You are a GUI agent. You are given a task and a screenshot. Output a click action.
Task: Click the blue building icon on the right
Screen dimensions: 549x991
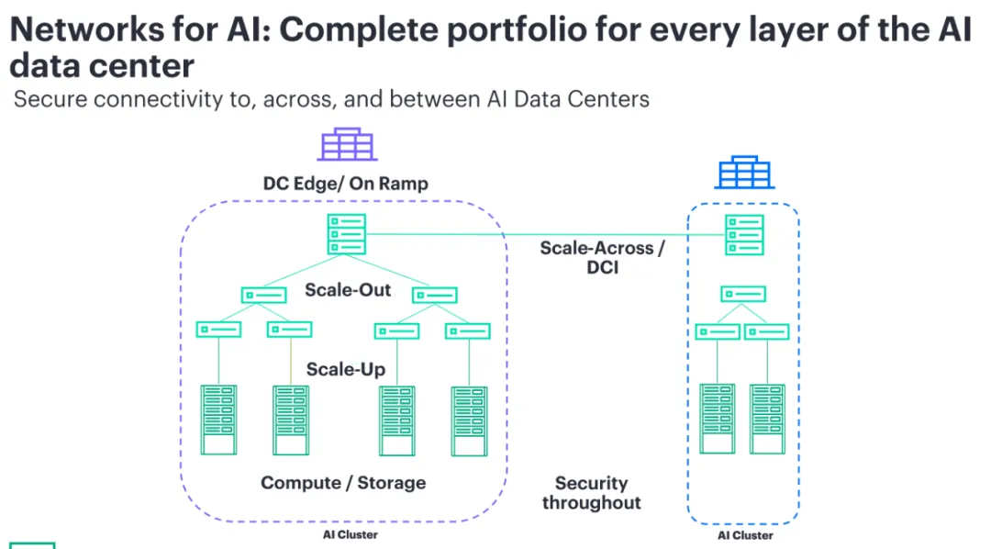[743, 172]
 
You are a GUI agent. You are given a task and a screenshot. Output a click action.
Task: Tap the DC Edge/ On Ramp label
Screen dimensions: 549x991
[345, 184]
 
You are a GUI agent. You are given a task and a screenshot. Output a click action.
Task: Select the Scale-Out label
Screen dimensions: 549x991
[348, 290]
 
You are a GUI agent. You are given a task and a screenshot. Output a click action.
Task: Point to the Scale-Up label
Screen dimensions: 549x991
[345, 369]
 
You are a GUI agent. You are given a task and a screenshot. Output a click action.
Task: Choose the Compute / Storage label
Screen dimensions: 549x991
[343, 482]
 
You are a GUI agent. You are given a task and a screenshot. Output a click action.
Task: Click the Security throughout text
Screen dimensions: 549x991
[592, 493]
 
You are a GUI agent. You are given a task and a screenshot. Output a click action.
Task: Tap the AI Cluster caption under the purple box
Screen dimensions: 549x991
[350, 534]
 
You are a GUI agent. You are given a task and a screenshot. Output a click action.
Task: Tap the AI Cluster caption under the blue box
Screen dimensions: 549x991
[744, 535]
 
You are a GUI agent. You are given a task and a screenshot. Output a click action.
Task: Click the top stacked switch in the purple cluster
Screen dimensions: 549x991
[346, 234]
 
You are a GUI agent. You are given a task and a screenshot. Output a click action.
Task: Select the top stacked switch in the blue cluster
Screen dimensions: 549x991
[743, 235]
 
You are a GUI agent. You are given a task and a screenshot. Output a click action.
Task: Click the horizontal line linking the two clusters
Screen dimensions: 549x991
[541, 235]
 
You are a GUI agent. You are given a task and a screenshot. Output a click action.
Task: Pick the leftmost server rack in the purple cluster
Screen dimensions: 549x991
[218, 421]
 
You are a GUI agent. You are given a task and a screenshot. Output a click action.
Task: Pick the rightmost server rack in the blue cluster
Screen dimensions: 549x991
[767, 419]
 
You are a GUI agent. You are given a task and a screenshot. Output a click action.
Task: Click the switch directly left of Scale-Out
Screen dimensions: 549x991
[263, 295]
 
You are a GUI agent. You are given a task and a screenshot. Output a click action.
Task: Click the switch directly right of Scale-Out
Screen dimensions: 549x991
[435, 295]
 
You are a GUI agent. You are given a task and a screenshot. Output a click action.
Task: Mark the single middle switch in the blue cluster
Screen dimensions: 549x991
[743, 294]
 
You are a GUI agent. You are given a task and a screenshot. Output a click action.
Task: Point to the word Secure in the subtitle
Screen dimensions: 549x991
[50, 99]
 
